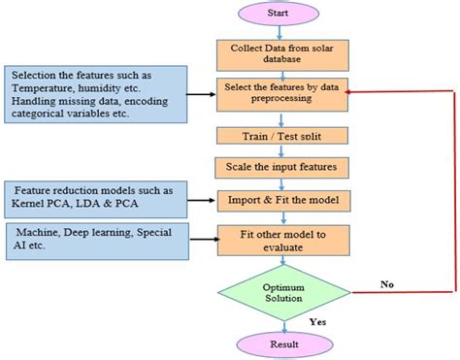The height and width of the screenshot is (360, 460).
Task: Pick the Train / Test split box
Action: (279, 134)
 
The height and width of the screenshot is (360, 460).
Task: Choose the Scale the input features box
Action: (279, 166)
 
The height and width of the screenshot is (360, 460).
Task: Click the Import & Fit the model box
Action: (279, 201)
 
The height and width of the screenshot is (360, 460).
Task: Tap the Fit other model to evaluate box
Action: (279, 241)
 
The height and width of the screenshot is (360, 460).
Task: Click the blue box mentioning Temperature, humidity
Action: (94, 95)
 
